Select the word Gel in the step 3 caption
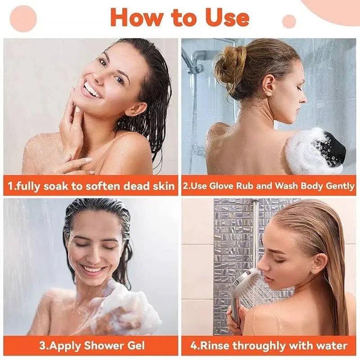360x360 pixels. tap(136, 346)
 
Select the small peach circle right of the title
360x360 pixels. tap(288, 21)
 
